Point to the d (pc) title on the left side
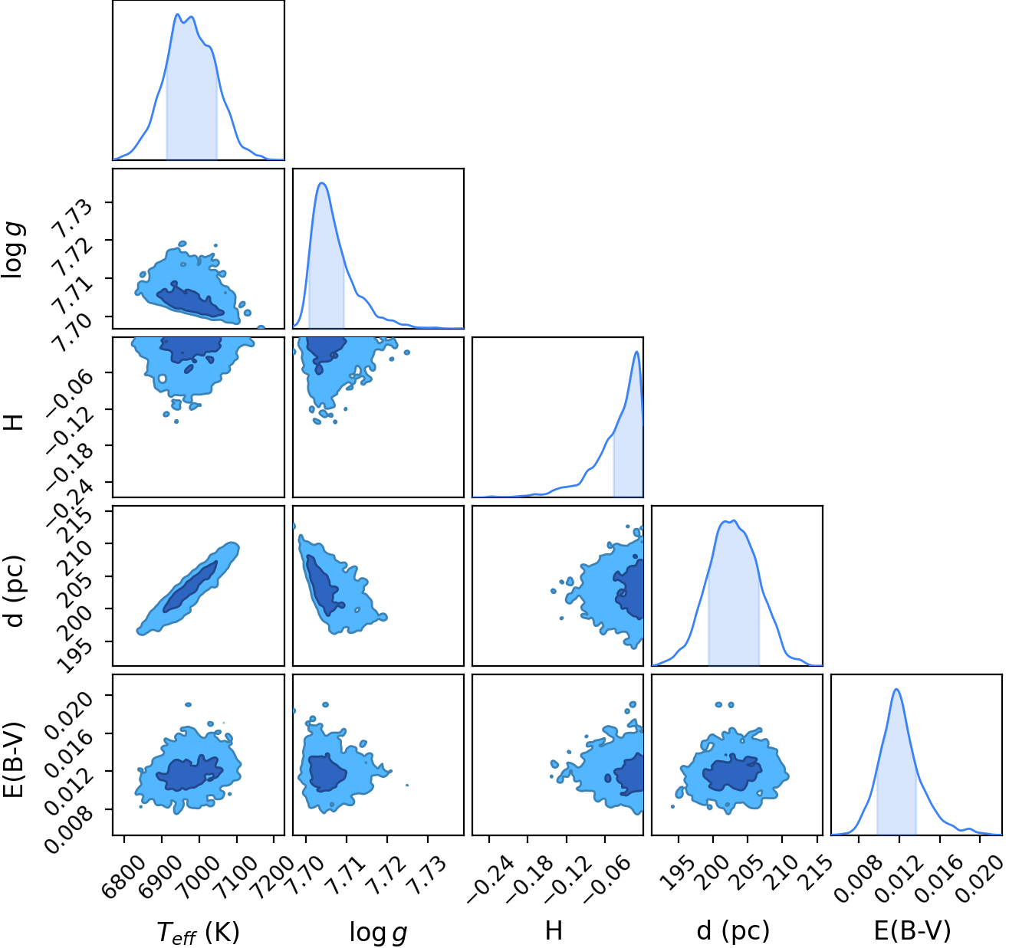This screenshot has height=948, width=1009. tap(15, 592)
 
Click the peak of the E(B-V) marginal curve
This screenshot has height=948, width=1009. tap(897, 690)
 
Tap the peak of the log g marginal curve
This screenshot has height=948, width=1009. tap(322, 183)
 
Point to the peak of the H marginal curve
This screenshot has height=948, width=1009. tap(636, 352)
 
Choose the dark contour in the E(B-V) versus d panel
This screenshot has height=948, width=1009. tap(732, 773)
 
